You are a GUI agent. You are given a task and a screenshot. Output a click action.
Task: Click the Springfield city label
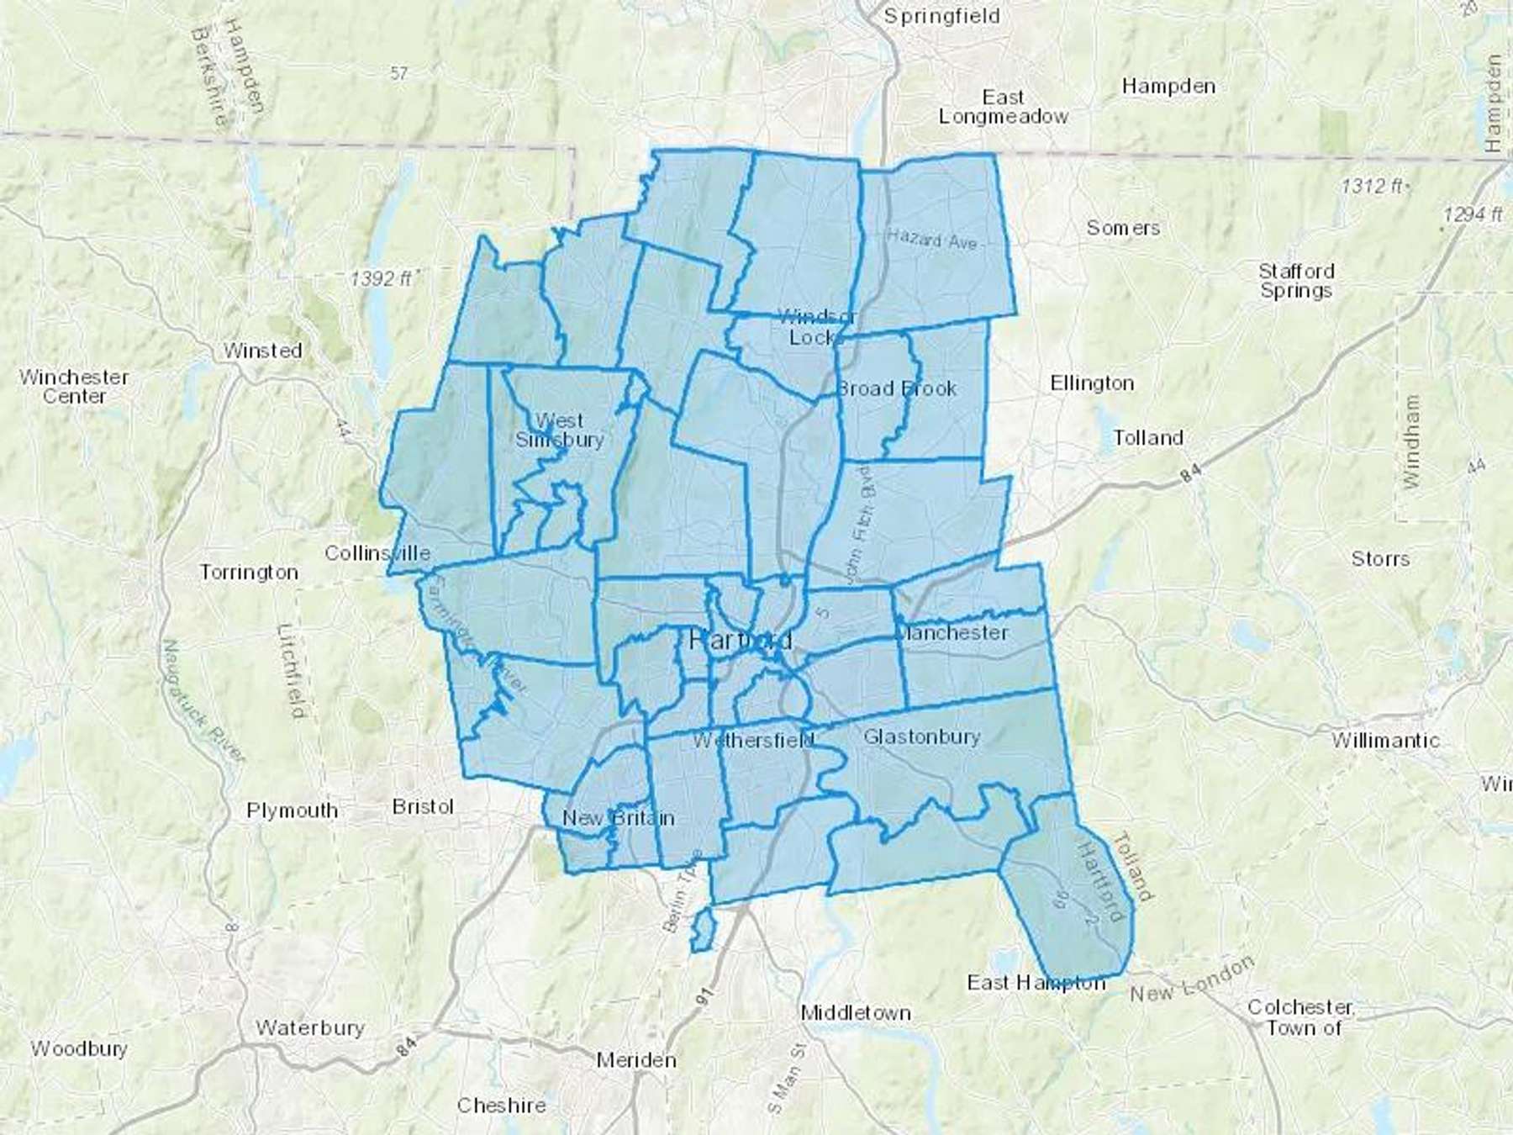click(x=941, y=17)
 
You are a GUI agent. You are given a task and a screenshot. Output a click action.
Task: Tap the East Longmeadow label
click(x=1003, y=107)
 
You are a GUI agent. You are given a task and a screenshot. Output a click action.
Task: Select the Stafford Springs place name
click(x=1295, y=281)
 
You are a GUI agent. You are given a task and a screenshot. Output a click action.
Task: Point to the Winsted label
click(x=262, y=351)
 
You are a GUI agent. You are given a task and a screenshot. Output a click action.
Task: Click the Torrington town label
click(x=249, y=573)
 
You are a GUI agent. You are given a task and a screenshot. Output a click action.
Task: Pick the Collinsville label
click(x=377, y=553)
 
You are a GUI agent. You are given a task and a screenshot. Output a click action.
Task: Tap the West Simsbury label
click(x=559, y=430)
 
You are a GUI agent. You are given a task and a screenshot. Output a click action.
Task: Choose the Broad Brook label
click(x=897, y=388)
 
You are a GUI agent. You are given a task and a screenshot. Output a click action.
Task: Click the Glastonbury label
click(x=922, y=737)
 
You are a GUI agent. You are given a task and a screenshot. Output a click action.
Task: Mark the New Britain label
click(x=618, y=818)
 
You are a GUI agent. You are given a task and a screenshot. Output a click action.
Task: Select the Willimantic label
click(x=1385, y=741)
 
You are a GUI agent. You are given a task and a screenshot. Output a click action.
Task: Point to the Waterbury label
click(x=310, y=1027)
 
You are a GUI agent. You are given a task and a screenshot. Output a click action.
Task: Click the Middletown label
click(x=856, y=1013)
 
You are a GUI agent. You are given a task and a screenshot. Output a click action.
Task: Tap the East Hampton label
click(x=1036, y=982)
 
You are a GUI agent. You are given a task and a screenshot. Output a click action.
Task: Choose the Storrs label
click(x=1380, y=559)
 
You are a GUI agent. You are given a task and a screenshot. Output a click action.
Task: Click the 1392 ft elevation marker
click(x=382, y=277)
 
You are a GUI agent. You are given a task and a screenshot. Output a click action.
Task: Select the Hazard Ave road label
click(x=932, y=240)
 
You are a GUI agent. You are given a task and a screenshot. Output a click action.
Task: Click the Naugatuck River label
click(x=201, y=702)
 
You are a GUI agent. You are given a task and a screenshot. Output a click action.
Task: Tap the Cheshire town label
click(x=501, y=1105)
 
